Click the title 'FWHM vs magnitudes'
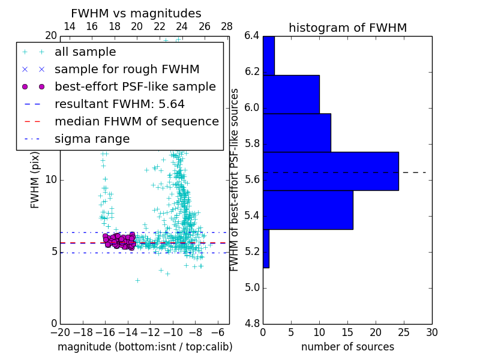136,13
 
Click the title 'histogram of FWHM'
347,28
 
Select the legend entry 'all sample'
85,52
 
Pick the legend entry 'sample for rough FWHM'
127,69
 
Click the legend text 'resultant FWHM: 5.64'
119,104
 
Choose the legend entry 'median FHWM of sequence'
136,121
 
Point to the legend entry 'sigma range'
92,139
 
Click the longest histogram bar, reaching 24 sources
331,171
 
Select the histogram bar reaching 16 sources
308,209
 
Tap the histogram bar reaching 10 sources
291,94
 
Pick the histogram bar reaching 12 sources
296,133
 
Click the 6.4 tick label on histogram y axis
251,36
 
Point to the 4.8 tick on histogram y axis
251,323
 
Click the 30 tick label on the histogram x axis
431,332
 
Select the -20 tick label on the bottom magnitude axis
59,332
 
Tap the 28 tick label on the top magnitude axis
227,26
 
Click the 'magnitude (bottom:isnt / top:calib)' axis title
145,347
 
